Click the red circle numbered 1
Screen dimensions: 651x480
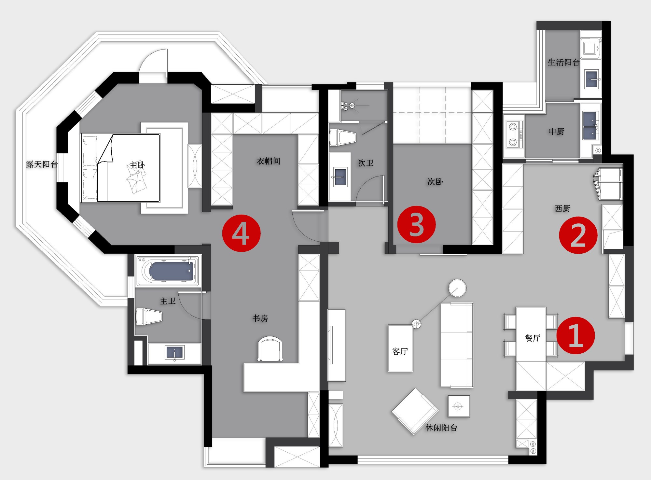tap(575, 335)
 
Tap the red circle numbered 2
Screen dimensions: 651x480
tap(578, 235)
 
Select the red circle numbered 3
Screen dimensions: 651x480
tap(416, 224)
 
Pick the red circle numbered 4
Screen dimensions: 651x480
tap(241, 233)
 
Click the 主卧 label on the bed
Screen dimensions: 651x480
tap(137, 165)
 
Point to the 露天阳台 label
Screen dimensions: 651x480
tap(42, 164)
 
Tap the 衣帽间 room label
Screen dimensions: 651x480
tap(269, 161)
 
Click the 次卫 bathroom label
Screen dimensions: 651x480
tap(366, 163)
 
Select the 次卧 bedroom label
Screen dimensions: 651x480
tap(435, 182)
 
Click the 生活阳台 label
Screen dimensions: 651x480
tap(564, 62)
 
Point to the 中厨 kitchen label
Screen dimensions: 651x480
tap(557, 132)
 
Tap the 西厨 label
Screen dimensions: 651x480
tap(562, 208)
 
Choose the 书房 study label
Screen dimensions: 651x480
tap(260, 318)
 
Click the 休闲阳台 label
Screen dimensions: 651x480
tap(441, 428)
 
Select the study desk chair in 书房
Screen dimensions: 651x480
tap(270, 349)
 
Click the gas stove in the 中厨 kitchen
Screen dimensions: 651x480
tap(514, 134)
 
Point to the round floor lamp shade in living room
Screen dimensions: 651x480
tap(457, 288)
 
